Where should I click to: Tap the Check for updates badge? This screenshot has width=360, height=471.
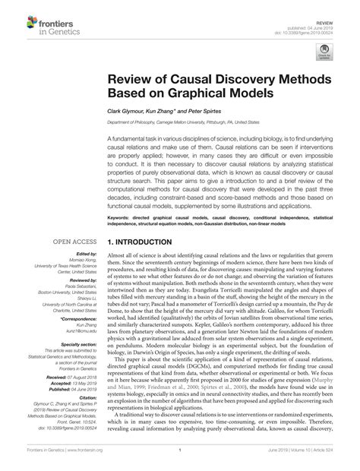[x=324, y=50]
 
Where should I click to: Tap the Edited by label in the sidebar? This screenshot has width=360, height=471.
[x=82, y=254]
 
